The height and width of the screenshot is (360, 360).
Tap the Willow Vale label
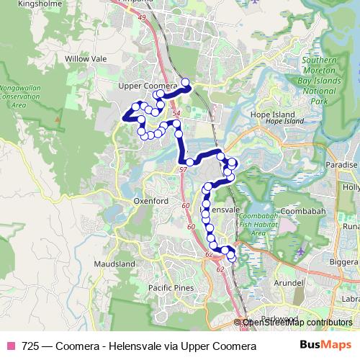point(86,58)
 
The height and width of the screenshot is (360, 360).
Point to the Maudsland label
point(114,264)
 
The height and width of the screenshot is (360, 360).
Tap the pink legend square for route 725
point(10,346)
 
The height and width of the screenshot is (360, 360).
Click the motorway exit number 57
point(183,169)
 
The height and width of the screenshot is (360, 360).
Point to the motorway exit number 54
point(177,105)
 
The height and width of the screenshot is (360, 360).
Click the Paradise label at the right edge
point(343,165)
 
